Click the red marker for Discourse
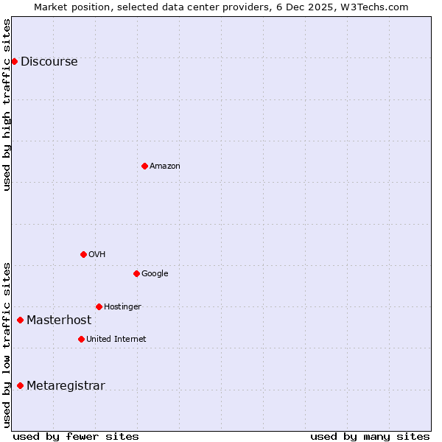[14, 61]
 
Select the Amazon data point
[144, 166]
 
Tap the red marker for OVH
[83, 254]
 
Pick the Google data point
[136, 273]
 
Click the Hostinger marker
[99, 306]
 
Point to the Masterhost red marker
[20, 320]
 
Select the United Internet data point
[81, 339]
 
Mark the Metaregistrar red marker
[20, 385]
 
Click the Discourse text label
[49, 62]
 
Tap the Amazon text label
[164, 166]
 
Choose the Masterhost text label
[59, 320]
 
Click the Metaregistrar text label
[66, 386]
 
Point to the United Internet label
[116, 340]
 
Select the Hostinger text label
[122, 307]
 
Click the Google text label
[155, 274]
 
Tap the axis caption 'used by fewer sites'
[76, 436]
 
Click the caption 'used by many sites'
[370, 436]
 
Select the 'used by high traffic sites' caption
[7, 105]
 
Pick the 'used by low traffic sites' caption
[7, 345]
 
